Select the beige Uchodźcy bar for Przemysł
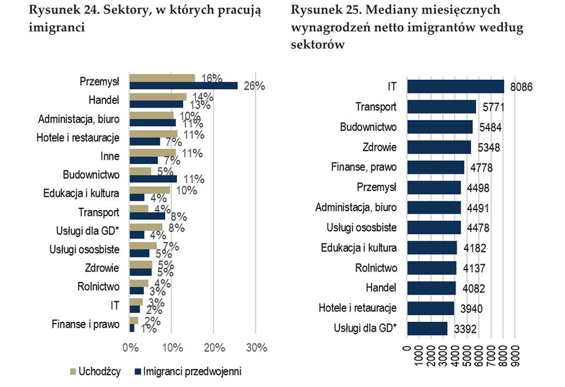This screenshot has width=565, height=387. [x=162, y=78]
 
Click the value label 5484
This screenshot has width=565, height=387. [x=489, y=127]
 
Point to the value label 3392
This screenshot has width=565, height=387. [x=464, y=329]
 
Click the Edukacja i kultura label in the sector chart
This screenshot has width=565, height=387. [x=81, y=193]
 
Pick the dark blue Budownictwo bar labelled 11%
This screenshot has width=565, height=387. [x=153, y=179]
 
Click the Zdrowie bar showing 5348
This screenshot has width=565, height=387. [x=438, y=147]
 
